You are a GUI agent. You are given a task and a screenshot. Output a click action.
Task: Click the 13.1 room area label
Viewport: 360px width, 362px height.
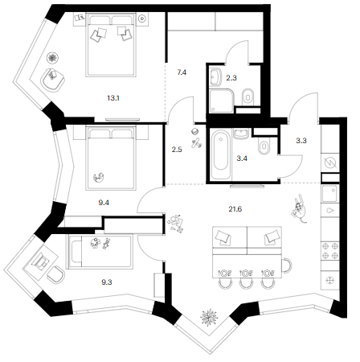pyautogui.click(x=113, y=98)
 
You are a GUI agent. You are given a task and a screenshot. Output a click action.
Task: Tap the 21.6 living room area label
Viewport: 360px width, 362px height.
pyautogui.click(x=235, y=209)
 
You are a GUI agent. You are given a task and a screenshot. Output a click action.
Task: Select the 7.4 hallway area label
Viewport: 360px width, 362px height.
pyautogui.click(x=182, y=72)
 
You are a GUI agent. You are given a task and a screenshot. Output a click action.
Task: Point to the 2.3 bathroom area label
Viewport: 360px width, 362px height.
pyautogui.click(x=231, y=78)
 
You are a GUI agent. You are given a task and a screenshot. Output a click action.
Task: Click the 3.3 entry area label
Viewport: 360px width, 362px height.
pyautogui.click(x=301, y=141)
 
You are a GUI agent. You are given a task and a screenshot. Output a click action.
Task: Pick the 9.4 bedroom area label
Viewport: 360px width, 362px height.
pyautogui.click(x=104, y=203)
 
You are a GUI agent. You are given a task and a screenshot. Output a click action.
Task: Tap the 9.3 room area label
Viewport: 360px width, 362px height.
pyautogui.click(x=107, y=282)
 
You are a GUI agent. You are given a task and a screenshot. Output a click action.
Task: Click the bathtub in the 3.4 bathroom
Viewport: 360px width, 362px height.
pyautogui.click(x=220, y=154)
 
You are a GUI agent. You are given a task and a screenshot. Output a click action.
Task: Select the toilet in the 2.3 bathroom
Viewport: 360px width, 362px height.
pyautogui.click(x=247, y=97)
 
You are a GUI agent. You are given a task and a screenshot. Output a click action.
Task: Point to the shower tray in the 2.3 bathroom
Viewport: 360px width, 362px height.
pyautogui.click(x=222, y=101)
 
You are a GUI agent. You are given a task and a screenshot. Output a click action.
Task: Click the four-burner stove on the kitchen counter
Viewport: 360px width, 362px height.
pyautogui.click(x=330, y=251)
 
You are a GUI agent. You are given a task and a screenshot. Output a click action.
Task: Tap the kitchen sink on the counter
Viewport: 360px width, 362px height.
pyautogui.click(x=329, y=194)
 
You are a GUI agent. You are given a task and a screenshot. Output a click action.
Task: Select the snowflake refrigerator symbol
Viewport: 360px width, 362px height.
pyautogui.click(x=330, y=281)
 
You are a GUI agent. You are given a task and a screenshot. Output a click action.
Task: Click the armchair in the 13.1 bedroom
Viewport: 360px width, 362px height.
pyautogui.click(x=53, y=80)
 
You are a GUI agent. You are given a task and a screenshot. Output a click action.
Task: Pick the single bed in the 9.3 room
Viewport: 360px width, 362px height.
pyautogui.click(x=100, y=252)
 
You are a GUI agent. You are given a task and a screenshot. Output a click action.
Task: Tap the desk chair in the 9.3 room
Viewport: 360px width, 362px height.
pyautogui.click(x=56, y=274)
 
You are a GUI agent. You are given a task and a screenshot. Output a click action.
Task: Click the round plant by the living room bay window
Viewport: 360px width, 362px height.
pyautogui.click(x=209, y=317)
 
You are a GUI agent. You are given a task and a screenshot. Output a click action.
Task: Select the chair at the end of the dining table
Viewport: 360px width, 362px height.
pyautogui.click(x=287, y=265)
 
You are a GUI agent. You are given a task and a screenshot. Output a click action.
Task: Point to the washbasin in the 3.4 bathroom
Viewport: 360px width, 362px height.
pyautogui.click(x=241, y=134)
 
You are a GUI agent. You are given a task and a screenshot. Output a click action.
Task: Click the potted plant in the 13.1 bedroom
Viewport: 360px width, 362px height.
pyautogui.click(x=52, y=58)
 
